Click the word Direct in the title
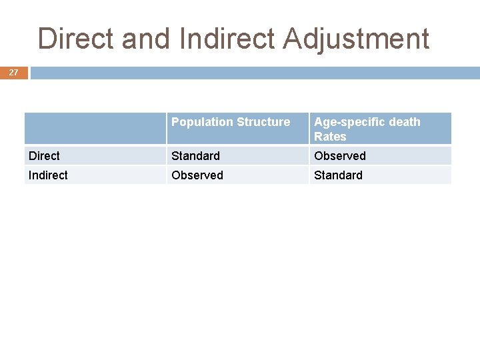pos(75,39)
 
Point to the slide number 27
pos(13,73)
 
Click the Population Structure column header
pos(231,122)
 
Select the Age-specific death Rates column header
pos(367,129)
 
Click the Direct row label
pos(44,156)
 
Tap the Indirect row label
pos(48,175)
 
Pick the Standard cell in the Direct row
pos(195,156)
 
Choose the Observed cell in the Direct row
pos(340,156)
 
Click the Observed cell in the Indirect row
pos(197,175)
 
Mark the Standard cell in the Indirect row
pos(338,175)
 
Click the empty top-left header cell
pos(95,128)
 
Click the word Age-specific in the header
pos(351,122)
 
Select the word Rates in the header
pos(330,137)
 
